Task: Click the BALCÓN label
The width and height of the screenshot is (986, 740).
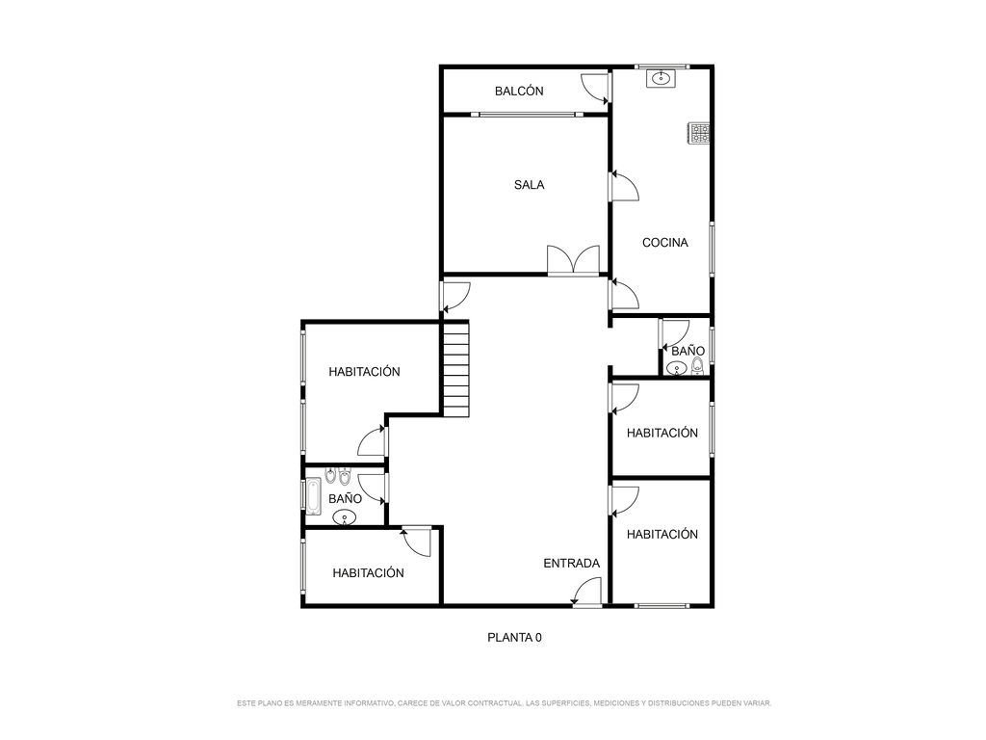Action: [519, 92]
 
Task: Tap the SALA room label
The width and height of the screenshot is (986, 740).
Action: [529, 185]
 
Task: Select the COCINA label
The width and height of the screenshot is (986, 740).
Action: [664, 242]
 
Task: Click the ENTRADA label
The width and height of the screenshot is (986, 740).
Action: [572, 564]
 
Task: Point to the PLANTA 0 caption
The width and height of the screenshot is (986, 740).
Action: [514, 638]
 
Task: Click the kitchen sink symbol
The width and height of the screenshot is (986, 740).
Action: [661, 78]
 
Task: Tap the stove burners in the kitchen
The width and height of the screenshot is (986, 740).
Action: [700, 133]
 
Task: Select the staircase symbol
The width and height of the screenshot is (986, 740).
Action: [456, 369]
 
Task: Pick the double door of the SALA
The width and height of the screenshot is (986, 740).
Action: [573, 259]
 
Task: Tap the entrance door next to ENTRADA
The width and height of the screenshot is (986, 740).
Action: [588, 593]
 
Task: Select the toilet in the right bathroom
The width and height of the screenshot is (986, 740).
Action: [697, 366]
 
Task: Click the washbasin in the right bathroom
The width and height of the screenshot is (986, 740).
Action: [677, 369]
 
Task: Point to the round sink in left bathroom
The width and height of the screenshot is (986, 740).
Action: [344, 517]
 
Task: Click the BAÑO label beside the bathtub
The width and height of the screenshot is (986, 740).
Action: [346, 499]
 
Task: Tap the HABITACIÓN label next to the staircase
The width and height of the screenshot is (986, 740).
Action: [364, 372]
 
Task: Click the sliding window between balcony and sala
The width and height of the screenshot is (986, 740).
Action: [527, 115]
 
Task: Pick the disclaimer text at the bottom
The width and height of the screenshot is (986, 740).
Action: [504, 702]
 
